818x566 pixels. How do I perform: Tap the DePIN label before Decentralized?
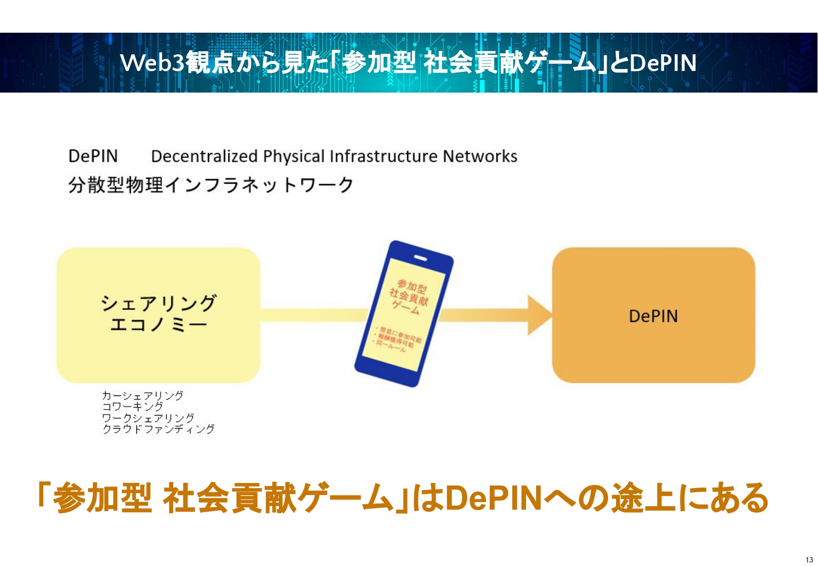coord(93,156)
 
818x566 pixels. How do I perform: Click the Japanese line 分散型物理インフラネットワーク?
coord(211,185)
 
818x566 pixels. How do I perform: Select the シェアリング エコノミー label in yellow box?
coord(159,313)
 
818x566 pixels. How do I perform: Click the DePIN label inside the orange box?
coord(653,316)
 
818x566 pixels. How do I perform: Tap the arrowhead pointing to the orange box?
coord(539,315)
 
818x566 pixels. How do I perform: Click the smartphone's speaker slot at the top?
coord(421,258)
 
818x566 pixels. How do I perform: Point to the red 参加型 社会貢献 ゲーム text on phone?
coord(409,296)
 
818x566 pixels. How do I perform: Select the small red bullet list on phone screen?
coord(398,338)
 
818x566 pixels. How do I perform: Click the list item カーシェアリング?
coord(142,395)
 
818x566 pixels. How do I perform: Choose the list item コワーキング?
coord(132,407)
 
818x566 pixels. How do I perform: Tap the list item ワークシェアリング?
coord(148,418)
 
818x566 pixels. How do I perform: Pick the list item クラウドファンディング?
coord(158,429)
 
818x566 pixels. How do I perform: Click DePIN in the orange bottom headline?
coord(494,498)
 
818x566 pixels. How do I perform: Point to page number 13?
coord(809,559)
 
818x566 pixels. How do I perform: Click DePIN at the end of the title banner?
coord(663,63)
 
